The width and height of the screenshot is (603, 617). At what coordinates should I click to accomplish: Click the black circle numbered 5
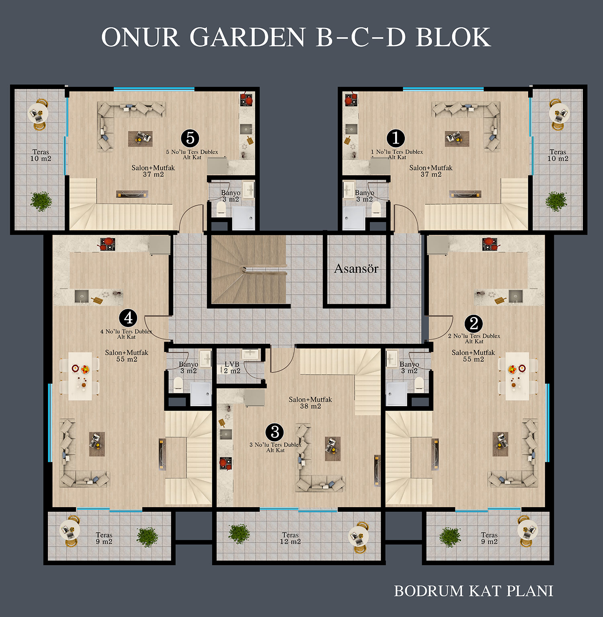pos(190,138)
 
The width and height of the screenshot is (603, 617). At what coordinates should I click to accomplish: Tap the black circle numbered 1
pos(396,138)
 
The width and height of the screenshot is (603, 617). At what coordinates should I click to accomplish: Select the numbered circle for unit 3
pos(275,432)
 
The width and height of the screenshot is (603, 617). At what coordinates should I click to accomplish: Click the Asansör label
pos(356,268)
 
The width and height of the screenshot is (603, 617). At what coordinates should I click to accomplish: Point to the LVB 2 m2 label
pos(232,367)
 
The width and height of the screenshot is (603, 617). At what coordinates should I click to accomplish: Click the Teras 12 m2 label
pos(290,538)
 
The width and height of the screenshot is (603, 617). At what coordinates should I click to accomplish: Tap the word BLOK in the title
pos(453,37)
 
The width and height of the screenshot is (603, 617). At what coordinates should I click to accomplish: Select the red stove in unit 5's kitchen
pos(246,99)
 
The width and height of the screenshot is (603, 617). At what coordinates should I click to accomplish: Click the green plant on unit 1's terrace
pos(556,201)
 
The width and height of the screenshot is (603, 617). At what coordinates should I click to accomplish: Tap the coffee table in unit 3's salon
pos(332,448)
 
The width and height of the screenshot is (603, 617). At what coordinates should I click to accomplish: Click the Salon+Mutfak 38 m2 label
pos(310,403)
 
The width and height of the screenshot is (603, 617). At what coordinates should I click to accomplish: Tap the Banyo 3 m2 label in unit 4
pos(189,367)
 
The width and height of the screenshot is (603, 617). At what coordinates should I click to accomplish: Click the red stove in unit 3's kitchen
pos(226,463)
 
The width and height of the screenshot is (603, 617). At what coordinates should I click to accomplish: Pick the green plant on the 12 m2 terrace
pos(239,534)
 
